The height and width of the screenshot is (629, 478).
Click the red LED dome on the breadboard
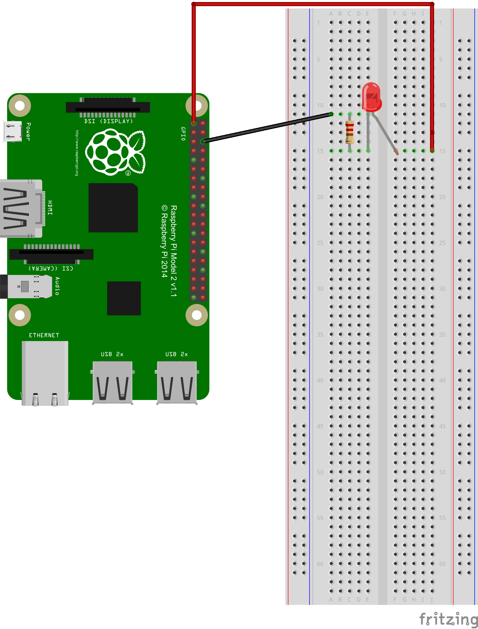371,97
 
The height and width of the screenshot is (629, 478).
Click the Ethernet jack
45,373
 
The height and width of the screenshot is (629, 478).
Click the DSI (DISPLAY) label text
109,121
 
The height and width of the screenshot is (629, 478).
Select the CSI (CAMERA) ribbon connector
51,254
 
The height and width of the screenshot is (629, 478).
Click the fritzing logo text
448,619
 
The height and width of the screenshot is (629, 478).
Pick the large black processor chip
113,208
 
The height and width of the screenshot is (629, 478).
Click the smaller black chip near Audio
124,298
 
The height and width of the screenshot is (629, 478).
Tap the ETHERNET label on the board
44,335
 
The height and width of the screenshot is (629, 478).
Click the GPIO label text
183,133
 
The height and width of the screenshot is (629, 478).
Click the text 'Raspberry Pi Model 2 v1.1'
174,251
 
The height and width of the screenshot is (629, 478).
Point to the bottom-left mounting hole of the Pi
20,315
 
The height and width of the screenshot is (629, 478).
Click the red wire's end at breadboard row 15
432,150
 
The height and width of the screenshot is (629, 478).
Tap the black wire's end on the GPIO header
203,141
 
